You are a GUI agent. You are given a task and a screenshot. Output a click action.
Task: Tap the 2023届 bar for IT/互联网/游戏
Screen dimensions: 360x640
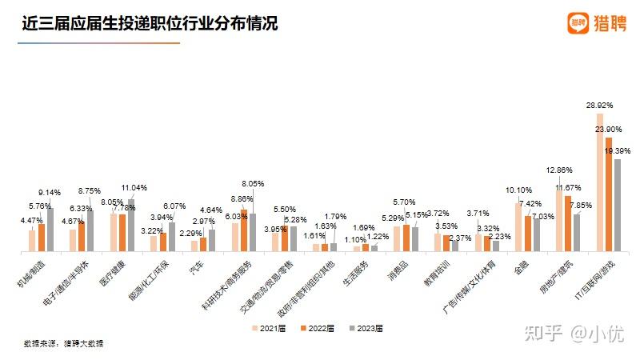coord(617,206)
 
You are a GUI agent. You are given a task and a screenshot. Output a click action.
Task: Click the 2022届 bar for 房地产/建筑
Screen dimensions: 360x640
coord(567,224)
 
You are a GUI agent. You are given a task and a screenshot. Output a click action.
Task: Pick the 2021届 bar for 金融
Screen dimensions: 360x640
coord(518,227)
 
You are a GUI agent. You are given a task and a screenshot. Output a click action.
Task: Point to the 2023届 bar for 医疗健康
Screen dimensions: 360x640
coord(130,226)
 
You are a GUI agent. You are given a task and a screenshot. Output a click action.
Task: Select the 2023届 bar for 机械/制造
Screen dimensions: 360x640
coord(50,230)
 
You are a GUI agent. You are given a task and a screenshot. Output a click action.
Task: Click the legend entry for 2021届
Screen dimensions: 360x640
coord(269,328)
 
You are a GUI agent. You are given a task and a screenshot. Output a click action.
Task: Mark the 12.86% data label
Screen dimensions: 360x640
coord(558,170)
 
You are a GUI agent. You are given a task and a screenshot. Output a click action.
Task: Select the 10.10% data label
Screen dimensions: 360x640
coord(518,190)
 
